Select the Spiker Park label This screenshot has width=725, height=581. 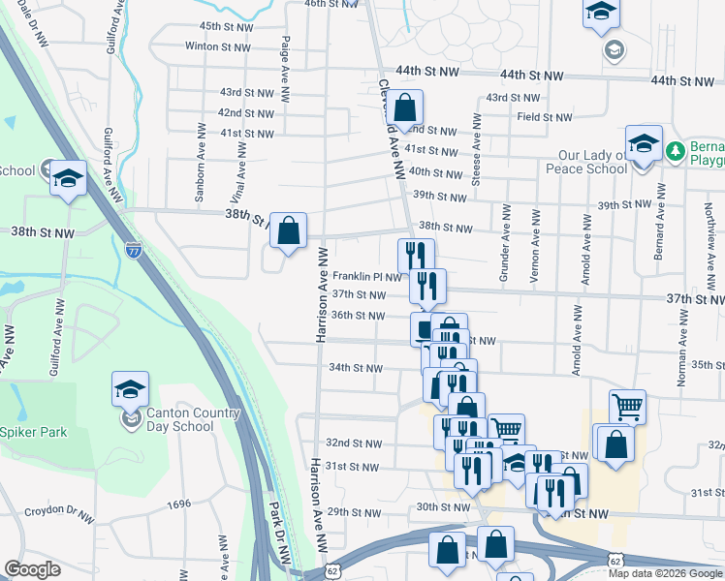34,432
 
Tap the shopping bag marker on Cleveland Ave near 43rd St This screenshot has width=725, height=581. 407,107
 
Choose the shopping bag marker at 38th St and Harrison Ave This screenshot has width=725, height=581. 288,230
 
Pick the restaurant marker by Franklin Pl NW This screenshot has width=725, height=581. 415,256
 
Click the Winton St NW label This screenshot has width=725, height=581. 216,46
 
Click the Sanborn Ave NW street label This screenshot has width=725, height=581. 200,174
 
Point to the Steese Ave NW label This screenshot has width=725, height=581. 477,140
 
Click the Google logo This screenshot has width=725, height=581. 33,569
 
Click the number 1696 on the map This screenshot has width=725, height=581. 178,505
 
